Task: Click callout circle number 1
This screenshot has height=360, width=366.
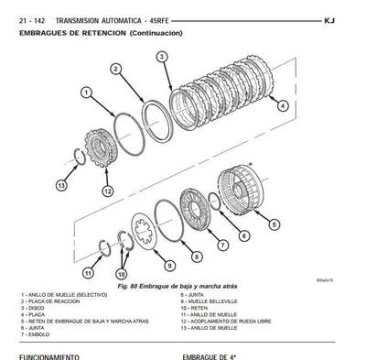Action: point(85,92)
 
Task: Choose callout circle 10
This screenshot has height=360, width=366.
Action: point(121,273)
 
